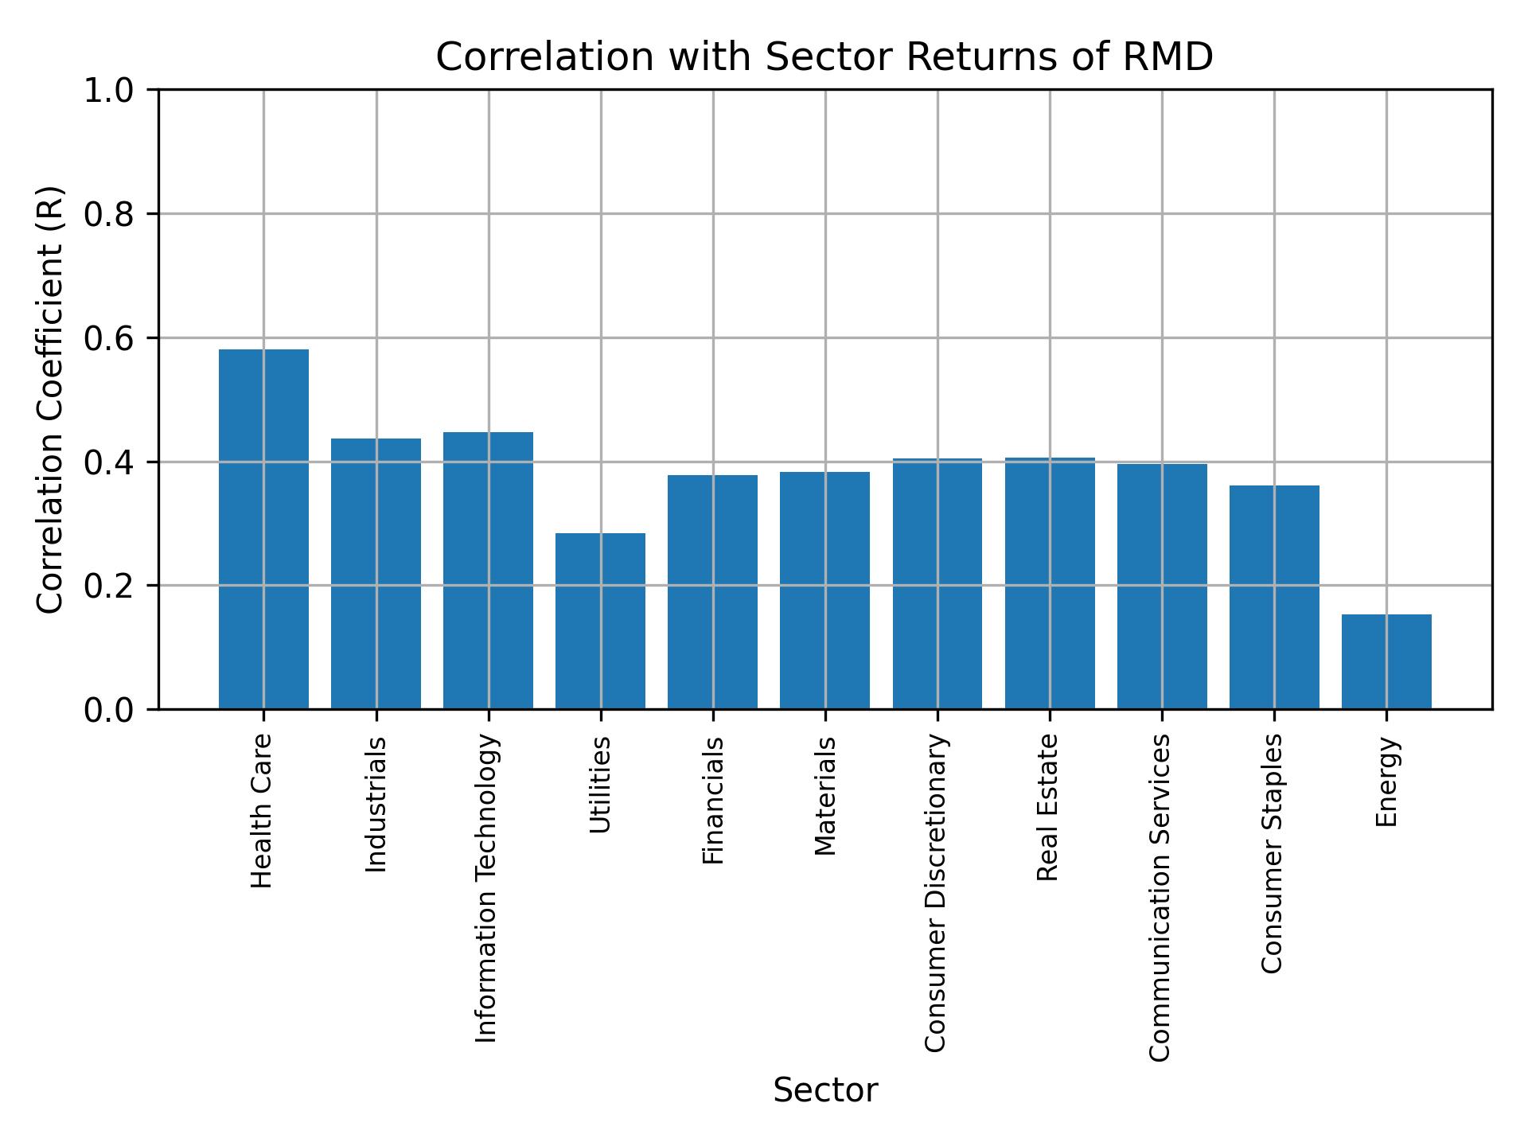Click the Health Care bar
pos(263,529)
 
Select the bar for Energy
pos(1386,661)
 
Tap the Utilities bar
pos(600,621)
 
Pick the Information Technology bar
pos(488,571)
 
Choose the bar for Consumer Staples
pos(1274,597)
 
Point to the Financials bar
pos(712,592)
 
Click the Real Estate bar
pos(1050,583)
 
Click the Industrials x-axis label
pos(376,805)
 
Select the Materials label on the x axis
pos(825,796)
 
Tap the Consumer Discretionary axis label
pos(937,893)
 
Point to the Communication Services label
pos(1161,898)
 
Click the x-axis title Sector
pos(825,1090)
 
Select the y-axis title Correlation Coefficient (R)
pos(50,400)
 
